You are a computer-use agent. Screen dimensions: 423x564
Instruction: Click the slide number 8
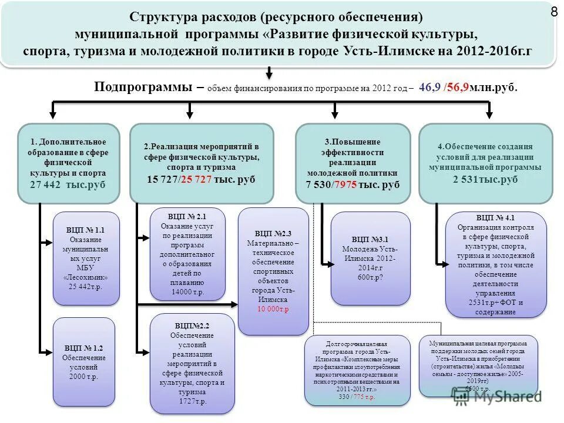[553, 11]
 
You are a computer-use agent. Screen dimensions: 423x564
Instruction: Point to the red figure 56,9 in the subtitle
[458, 88]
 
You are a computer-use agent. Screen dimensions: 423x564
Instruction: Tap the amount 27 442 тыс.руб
[68, 184]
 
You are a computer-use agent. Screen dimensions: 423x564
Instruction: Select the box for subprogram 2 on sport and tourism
[202, 163]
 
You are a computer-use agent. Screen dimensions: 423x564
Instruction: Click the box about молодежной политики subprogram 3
[352, 163]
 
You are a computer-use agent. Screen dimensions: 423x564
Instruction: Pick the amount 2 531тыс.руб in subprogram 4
[485, 179]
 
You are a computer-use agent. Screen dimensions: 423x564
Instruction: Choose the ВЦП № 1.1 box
[86, 258]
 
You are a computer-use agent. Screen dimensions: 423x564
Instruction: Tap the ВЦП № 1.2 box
[84, 361]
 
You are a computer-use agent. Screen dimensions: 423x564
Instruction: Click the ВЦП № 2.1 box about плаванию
[187, 253]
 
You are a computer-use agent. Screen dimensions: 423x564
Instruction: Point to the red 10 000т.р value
[273, 308]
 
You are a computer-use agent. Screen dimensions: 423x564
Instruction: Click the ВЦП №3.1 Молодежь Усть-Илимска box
[370, 258]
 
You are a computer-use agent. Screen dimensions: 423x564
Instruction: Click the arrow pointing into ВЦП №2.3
[233, 303]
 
